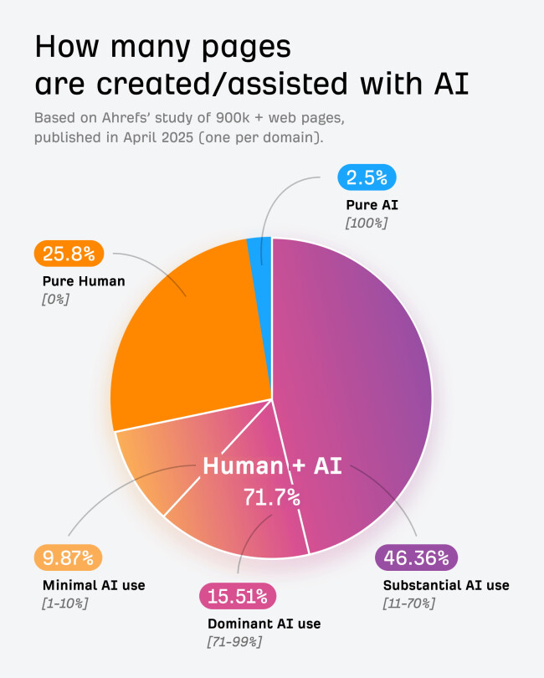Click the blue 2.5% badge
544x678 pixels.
tap(367, 178)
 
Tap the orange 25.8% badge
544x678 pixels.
tap(69, 254)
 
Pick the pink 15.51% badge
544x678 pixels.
tap(237, 597)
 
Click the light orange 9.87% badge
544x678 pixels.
tap(69, 557)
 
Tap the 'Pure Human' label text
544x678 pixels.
tap(84, 281)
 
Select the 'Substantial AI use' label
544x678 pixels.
tap(446, 585)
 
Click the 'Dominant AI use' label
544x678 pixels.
tap(264, 624)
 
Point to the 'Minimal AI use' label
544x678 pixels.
tap(94, 585)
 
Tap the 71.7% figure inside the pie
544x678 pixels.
tap(272, 496)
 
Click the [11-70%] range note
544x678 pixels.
tap(408, 603)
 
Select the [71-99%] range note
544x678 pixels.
tap(234, 641)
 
